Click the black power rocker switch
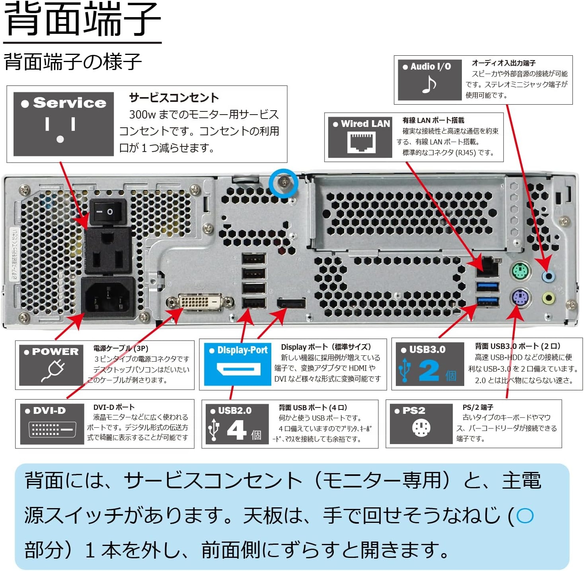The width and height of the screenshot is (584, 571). click(107, 212)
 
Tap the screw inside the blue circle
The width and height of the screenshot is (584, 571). click(283, 183)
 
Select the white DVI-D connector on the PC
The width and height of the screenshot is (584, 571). click(201, 302)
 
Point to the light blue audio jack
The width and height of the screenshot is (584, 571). click(549, 276)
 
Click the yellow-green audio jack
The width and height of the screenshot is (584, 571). click(549, 297)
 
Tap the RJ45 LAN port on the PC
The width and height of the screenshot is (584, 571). click(488, 267)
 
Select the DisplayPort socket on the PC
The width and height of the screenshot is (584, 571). click(292, 304)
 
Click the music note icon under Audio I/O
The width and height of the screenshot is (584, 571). click(429, 84)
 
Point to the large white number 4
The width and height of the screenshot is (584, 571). click(237, 431)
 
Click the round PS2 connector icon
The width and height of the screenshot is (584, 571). click(421, 428)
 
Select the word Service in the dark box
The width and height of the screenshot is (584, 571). click(70, 103)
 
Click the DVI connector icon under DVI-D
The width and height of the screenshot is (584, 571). click(52, 430)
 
